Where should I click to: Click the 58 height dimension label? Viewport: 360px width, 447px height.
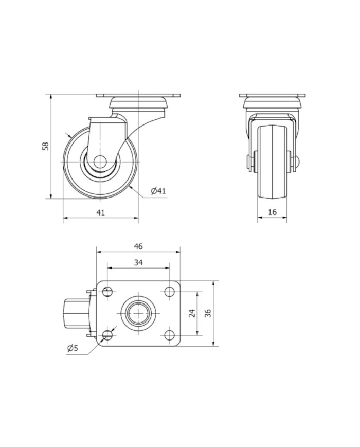(46, 146)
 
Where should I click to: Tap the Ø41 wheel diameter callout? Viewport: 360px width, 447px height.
(158, 191)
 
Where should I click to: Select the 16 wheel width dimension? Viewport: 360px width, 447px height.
(273, 212)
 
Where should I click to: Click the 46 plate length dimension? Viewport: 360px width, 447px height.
(138, 246)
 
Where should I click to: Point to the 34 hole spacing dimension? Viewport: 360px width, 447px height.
(138, 262)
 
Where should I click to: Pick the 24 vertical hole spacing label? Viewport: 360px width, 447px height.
(192, 313)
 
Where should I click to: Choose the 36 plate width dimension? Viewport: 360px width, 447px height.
(208, 313)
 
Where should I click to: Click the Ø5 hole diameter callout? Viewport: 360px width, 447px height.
(73, 348)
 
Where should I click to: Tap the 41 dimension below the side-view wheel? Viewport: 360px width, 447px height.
(101, 212)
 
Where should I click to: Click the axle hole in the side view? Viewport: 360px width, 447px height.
(101, 162)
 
